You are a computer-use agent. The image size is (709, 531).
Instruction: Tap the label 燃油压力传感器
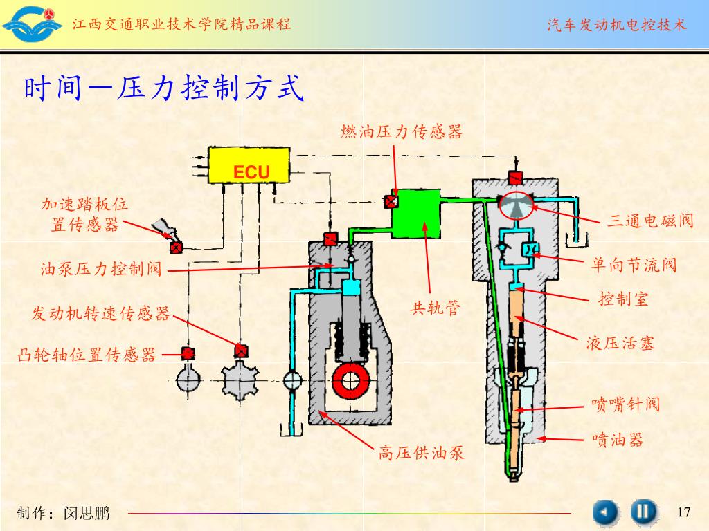pyautogui.click(x=402, y=131)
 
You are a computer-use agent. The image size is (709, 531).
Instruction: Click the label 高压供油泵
pyautogui.click(x=421, y=453)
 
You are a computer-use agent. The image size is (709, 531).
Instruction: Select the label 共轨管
pyautogui.click(x=435, y=308)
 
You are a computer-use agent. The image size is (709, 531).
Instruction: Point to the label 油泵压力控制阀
pyautogui.click(x=101, y=269)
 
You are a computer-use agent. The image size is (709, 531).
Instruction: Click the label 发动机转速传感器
pyautogui.click(x=101, y=314)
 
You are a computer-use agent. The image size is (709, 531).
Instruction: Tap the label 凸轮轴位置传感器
pyautogui.click(x=87, y=355)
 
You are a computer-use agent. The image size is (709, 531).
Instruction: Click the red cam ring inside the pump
pyautogui.click(x=352, y=380)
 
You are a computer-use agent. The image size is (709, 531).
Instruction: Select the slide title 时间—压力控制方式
pyautogui.click(x=164, y=90)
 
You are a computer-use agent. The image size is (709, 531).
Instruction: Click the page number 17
pyautogui.click(x=684, y=512)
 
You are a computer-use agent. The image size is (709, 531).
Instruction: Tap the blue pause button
pyautogui.click(x=643, y=512)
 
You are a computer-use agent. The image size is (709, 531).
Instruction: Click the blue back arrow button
pyautogui.click(x=605, y=512)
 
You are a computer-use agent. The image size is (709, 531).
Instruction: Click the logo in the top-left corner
pyautogui.click(x=32, y=24)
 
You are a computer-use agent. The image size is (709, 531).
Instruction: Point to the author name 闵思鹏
pyautogui.click(x=87, y=513)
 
